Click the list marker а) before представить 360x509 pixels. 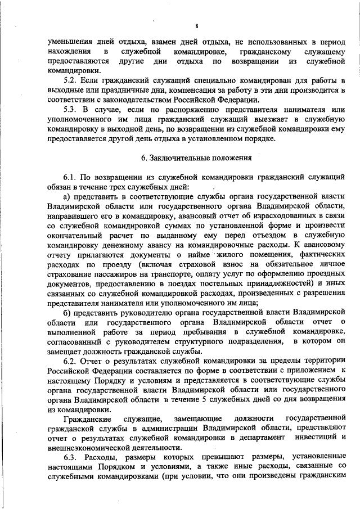point(67,196)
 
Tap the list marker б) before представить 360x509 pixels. point(67,311)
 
